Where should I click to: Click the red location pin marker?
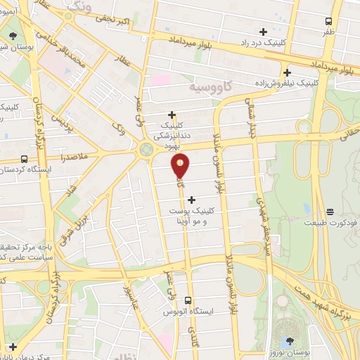pyautogui.click(x=181, y=167)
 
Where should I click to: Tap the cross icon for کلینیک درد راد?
pyautogui.click(x=263, y=32)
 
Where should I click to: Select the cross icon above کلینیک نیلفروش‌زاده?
pyautogui.click(x=287, y=72)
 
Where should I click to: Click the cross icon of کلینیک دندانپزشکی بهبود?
pyautogui.click(x=172, y=115)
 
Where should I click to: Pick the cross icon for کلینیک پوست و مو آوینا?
pyautogui.click(x=192, y=200)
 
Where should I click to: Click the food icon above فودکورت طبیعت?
pyautogui.click(x=330, y=212)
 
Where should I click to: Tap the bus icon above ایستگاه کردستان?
pyautogui.click(x=25, y=159)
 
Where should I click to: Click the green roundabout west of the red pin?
pyautogui.click(x=146, y=149)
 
